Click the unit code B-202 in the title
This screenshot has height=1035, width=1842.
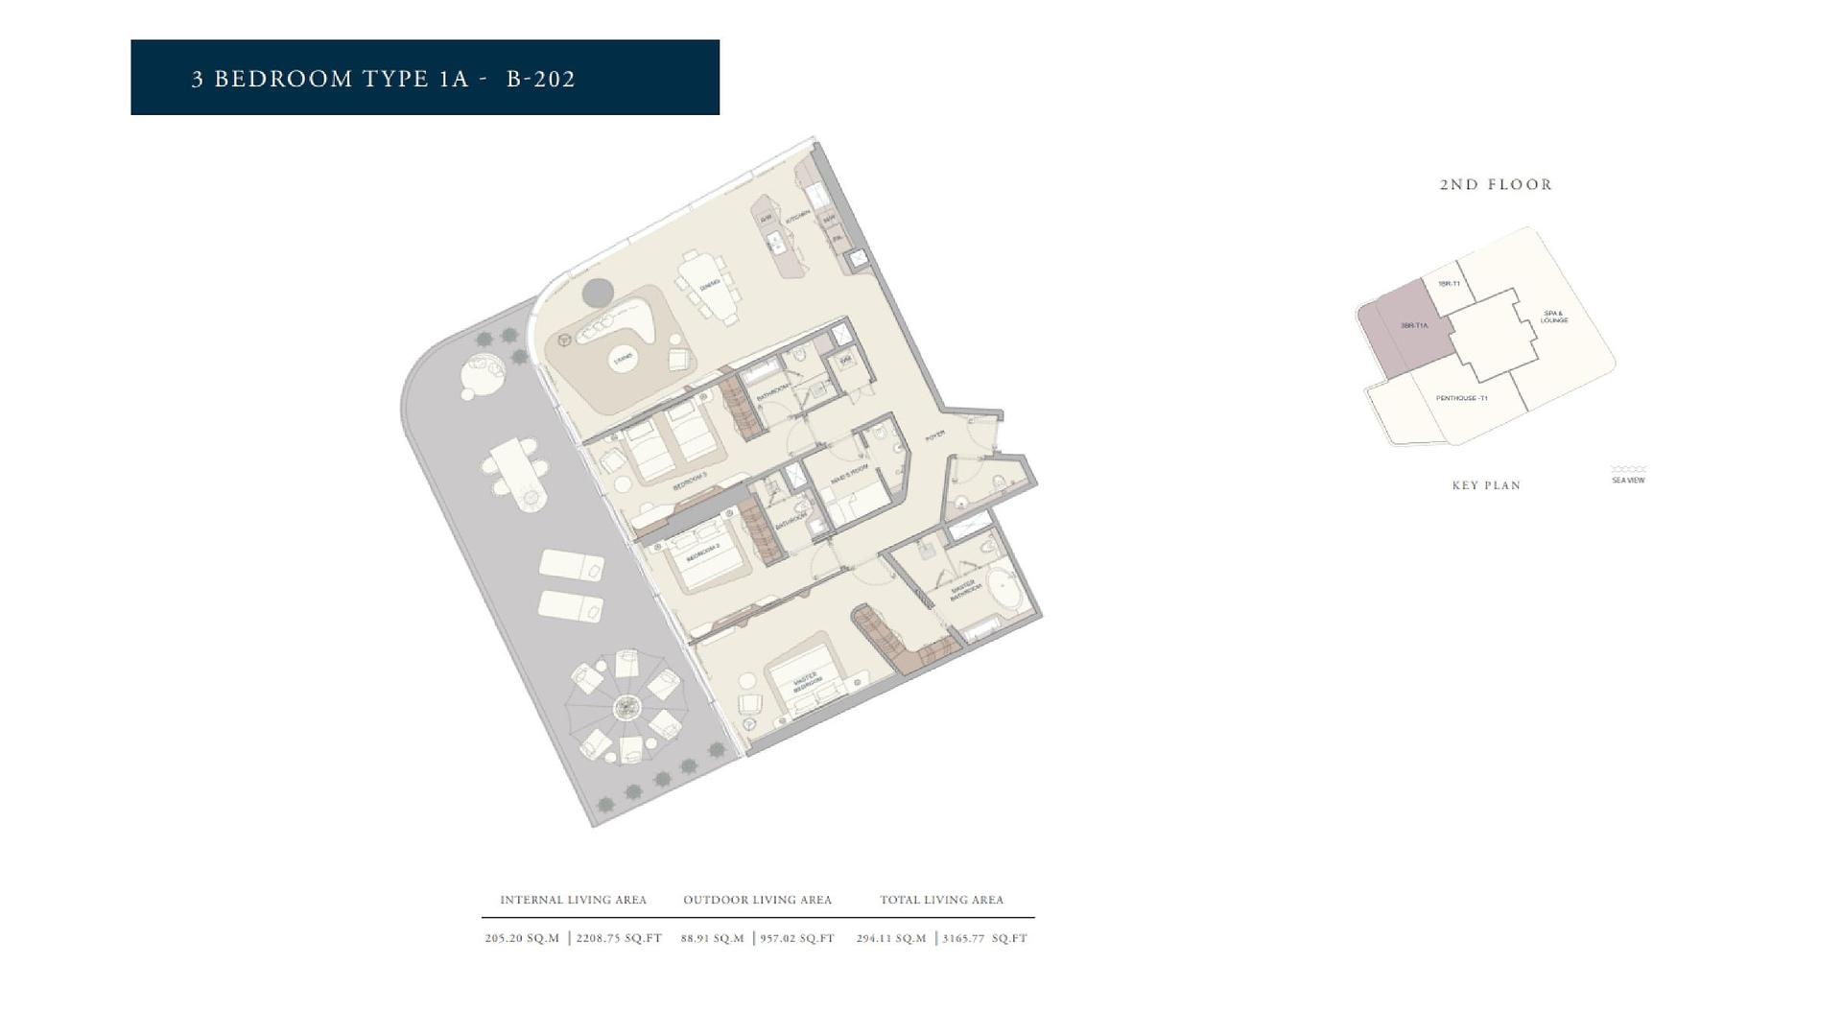541,79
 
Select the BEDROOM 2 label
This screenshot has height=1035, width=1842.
703,553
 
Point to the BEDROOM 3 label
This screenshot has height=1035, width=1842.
689,482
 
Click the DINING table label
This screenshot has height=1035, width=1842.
710,285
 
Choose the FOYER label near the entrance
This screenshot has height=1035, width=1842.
934,436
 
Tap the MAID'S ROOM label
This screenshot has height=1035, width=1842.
849,473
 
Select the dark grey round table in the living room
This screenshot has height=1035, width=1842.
598,292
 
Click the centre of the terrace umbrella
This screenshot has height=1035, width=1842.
626,708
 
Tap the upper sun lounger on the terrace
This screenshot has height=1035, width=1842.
572,566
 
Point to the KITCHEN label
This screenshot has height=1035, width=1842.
798,218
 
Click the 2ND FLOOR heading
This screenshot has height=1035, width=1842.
1496,185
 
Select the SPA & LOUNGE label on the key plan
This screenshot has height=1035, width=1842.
1554,316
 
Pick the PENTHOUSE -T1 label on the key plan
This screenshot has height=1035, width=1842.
1461,398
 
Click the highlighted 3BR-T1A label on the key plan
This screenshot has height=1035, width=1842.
1413,326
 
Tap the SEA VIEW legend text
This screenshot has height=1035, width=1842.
1628,480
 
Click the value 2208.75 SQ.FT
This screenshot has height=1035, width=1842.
619,938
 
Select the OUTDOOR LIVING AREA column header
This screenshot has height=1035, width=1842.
757,900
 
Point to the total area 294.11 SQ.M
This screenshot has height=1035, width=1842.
891,938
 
